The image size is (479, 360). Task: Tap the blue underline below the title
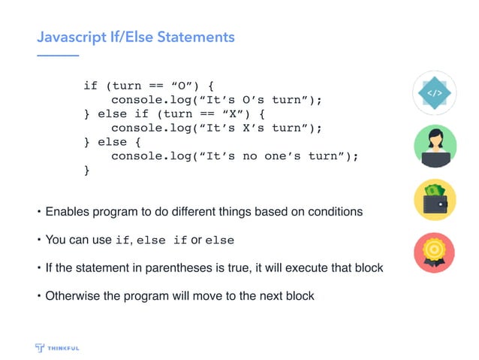[x=58, y=55]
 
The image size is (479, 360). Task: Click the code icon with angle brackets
[x=435, y=92]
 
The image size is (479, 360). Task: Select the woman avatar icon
[x=435, y=145]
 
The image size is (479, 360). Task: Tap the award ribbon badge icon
[x=435, y=253]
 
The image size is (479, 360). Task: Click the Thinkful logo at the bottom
[x=58, y=347]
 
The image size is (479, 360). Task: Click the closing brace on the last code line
[x=86, y=171]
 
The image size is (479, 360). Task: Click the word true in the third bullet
[x=230, y=268]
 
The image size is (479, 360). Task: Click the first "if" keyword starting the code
[x=90, y=86]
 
